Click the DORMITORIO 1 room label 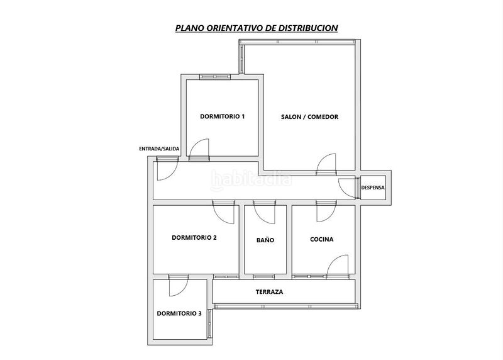coord(223,116)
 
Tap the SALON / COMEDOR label coord(309,117)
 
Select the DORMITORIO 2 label coord(194,238)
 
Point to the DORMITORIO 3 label coord(179,313)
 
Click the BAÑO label coord(265,240)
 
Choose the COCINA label coord(322,239)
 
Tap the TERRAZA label coord(270,292)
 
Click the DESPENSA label coord(373,188)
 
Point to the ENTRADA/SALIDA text coord(159,149)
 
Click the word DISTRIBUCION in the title coord(308,28)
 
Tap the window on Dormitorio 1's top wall coord(215,77)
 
